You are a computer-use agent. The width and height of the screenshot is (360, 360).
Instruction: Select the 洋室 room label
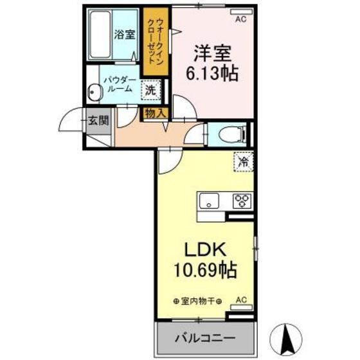[x=213, y=51]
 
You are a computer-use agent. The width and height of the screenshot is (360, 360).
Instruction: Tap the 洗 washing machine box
[x=150, y=90]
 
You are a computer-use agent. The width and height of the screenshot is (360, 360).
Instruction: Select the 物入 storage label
[x=155, y=113]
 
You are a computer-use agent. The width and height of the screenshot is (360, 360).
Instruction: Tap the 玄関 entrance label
[x=98, y=120]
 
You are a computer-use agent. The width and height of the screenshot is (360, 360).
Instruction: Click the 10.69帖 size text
[x=204, y=269]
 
